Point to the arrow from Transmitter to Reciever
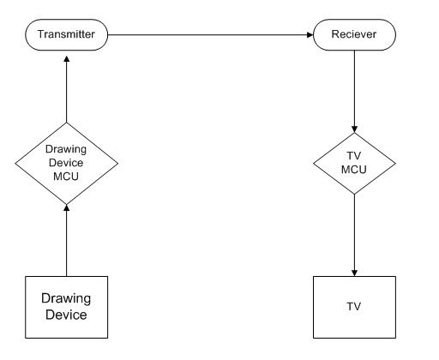[x=211, y=35]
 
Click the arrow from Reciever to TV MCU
[x=354, y=92]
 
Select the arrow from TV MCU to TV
[x=354, y=235]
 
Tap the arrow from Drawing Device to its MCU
[x=67, y=240]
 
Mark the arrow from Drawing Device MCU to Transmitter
[x=67, y=89]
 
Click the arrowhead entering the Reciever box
[x=310, y=35]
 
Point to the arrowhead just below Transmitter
[x=67, y=59]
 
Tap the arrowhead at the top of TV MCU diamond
[x=354, y=129]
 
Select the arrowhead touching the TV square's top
[x=354, y=273]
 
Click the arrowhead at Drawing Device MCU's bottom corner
[x=67, y=207]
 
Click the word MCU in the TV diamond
[x=354, y=170]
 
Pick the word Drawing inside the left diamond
[x=66, y=149]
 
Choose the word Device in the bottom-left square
[x=66, y=315]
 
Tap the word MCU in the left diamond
[x=66, y=177]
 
